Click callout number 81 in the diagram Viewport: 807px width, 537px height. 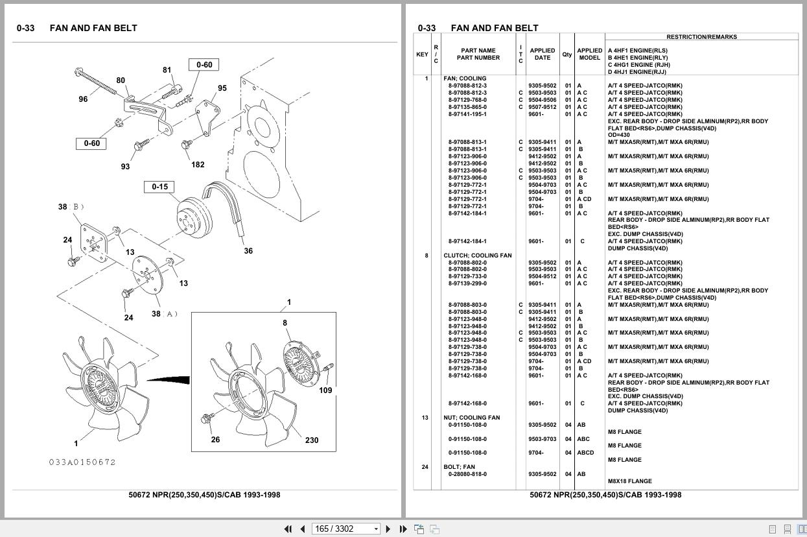(167, 70)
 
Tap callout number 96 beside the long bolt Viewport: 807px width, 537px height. (83, 99)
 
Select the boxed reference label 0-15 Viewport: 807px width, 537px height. (159, 187)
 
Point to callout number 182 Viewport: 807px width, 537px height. (198, 165)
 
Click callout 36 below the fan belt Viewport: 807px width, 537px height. (248, 251)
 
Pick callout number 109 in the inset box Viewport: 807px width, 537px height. (325, 390)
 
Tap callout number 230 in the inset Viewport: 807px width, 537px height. (312, 440)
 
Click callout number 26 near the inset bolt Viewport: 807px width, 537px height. (215, 439)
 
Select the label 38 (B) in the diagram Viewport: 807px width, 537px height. (71, 207)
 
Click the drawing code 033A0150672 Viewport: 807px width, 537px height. (82, 462)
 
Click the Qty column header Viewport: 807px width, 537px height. (567, 54)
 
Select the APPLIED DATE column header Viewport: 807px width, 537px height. (543, 54)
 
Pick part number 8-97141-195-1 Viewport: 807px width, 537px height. (467, 114)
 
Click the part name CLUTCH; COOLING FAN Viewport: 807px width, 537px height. (477, 256)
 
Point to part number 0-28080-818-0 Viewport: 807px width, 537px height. (467, 474)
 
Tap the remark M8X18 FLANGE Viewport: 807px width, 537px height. (630, 481)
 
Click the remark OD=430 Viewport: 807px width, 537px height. (618, 135)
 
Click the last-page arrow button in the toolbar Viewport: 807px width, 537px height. (403, 529)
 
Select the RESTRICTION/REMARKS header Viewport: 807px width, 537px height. (701, 37)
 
